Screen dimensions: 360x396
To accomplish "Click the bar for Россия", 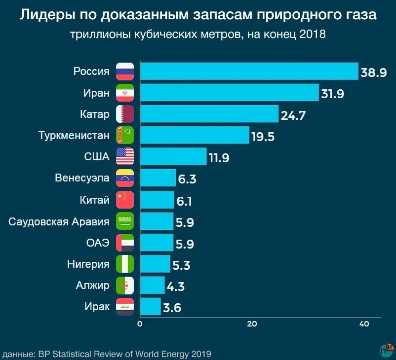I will coord(249,71).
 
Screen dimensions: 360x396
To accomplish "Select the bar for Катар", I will coord(209,114).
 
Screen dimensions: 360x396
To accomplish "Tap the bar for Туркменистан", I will coord(195,135).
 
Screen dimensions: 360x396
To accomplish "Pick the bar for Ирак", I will coord(151,306).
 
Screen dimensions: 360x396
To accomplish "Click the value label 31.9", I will coord(333,94).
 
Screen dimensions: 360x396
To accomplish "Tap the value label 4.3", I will coord(177,287).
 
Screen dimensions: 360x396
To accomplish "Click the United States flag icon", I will coord(125,157).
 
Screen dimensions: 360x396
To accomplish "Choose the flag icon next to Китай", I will coord(125,200).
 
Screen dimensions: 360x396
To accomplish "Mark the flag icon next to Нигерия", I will coord(125,264).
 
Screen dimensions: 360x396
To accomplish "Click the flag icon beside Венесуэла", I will coord(125,178).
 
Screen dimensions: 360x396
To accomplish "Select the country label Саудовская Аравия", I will coord(59,221).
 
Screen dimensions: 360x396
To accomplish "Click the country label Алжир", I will coord(92,285).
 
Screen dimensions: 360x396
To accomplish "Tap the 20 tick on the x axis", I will coord(252,324).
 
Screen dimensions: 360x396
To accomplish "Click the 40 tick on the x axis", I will coord(364,324).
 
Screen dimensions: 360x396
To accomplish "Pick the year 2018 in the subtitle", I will coord(312,34).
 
